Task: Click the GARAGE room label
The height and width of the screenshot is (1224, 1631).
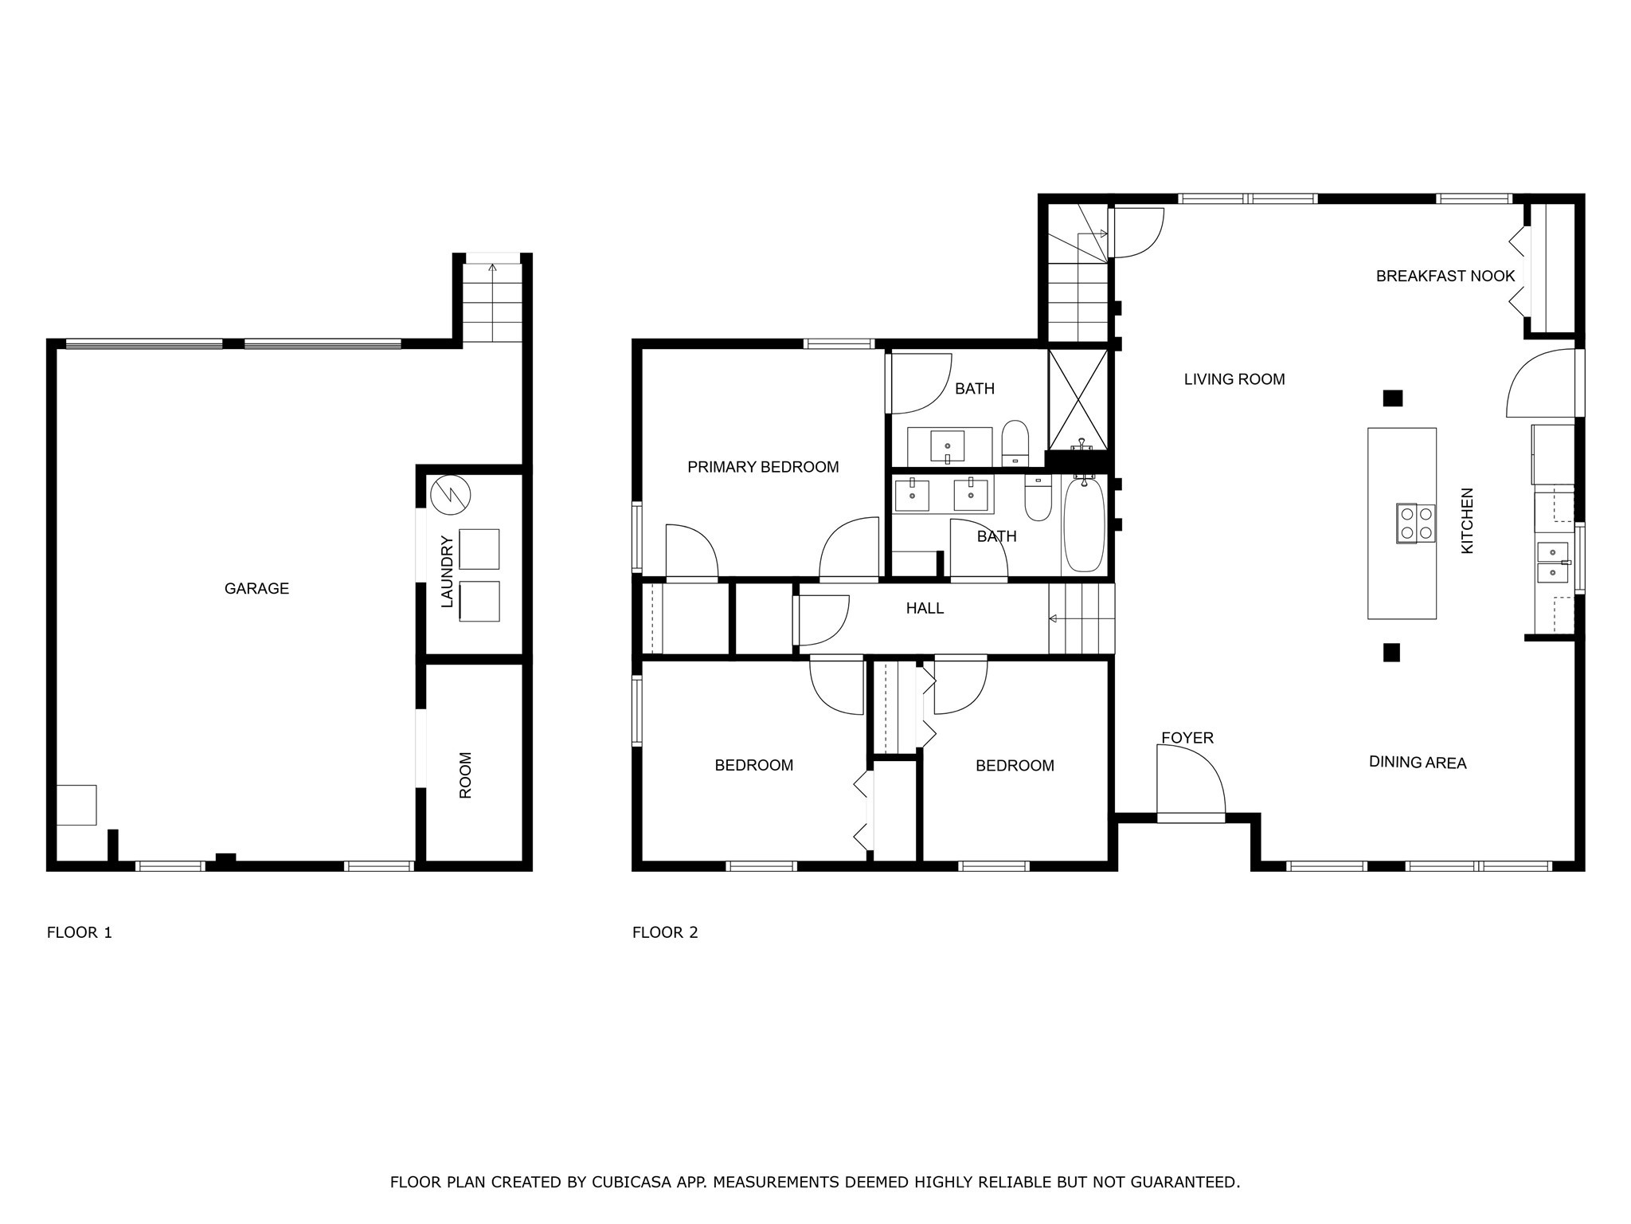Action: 256,589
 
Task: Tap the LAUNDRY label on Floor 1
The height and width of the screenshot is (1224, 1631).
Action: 448,572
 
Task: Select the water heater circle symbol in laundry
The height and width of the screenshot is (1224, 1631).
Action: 451,495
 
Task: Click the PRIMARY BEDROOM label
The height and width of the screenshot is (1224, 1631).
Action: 763,468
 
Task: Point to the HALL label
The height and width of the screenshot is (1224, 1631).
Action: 925,609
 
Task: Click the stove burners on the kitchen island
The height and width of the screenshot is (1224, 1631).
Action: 1416,524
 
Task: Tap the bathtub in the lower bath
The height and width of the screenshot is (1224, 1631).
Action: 1084,526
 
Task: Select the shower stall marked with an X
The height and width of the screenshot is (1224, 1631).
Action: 1078,399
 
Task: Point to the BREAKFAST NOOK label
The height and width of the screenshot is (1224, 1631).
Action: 1445,277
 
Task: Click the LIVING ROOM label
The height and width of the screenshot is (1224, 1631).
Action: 1234,380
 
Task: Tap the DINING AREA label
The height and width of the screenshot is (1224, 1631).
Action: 1418,763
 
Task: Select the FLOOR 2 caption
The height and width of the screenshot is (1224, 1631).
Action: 665,932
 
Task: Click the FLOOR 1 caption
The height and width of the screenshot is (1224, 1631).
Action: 80,932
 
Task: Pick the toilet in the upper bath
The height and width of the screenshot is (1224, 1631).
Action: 1015,443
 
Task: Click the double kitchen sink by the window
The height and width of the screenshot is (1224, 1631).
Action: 1553,562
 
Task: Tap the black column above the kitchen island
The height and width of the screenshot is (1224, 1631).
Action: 1392,398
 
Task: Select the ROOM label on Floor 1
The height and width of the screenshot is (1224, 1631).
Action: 466,775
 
